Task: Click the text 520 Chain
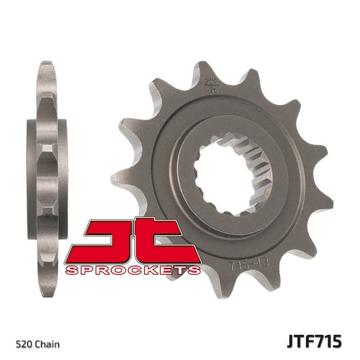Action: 37,344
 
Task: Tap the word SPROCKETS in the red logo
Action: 132,270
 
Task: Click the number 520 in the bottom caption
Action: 25,344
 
